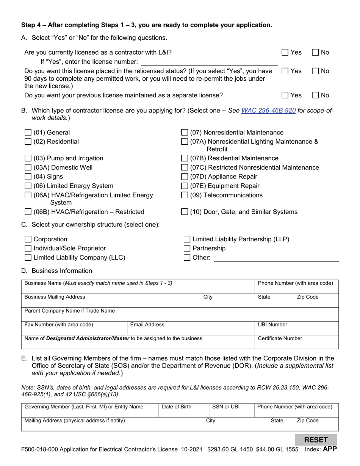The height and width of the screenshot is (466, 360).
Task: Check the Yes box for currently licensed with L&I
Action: click(x=285, y=53)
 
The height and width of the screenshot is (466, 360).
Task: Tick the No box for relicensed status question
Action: click(x=315, y=71)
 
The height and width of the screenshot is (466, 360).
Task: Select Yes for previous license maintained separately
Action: click(x=285, y=95)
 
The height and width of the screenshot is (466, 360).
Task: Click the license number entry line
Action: click(x=209, y=61)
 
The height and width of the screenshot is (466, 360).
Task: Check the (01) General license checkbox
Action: click(x=28, y=133)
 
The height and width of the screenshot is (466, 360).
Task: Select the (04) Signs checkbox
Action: click(x=28, y=177)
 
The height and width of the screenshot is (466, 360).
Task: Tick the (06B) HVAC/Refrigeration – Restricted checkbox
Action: click(x=28, y=212)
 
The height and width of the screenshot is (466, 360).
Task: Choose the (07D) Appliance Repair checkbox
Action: click(x=184, y=177)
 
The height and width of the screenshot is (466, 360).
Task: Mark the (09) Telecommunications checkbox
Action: click(x=184, y=195)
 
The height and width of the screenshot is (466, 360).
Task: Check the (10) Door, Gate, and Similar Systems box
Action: click(x=184, y=212)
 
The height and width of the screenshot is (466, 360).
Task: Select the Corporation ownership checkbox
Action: click(x=28, y=239)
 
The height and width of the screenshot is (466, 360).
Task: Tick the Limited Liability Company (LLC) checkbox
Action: click(x=28, y=258)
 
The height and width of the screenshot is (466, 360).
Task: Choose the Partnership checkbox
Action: click(x=187, y=249)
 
